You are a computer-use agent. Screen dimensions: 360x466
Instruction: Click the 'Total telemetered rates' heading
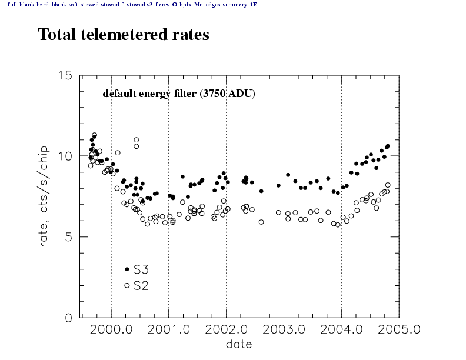124,35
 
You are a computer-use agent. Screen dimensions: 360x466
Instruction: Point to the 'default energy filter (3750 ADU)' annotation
179,94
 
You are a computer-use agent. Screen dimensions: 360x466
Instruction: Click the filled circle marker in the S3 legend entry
127,269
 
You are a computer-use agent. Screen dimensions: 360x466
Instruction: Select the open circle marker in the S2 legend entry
127,285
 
